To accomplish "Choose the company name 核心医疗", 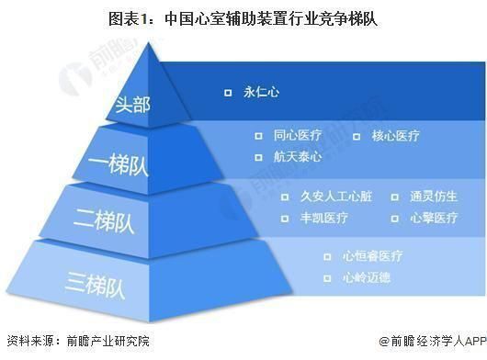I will [x=396, y=136].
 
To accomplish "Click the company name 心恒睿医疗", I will [x=371, y=256].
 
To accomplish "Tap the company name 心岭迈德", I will [x=366, y=277].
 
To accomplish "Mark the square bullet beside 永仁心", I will [x=225, y=93].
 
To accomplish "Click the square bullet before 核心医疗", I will [x=357, y=136].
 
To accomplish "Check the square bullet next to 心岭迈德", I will [x=326, y=277].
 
